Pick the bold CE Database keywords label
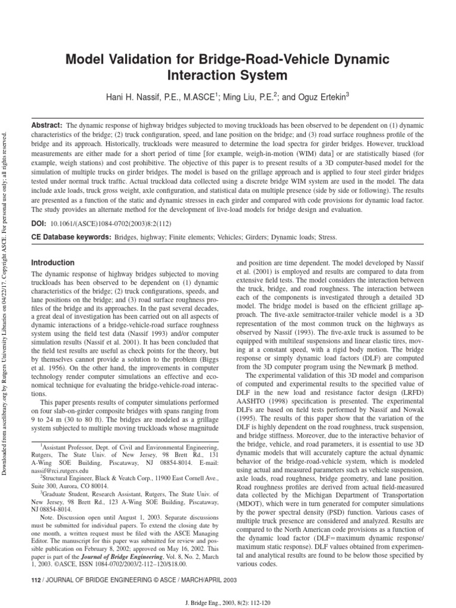click(x=71, y=237)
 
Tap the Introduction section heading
click(x=53, y=262)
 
